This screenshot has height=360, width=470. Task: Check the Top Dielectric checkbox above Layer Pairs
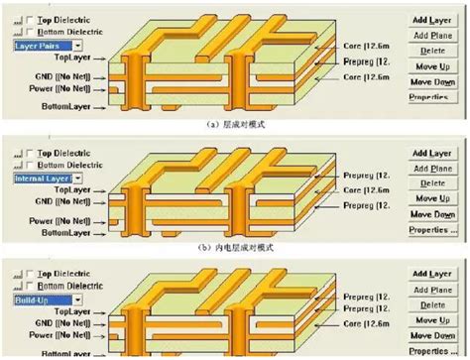21,19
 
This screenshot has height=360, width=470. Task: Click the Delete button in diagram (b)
432,183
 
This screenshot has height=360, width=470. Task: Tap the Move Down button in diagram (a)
432,80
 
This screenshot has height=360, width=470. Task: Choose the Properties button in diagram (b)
432,230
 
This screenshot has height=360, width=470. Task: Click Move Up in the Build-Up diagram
432,319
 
